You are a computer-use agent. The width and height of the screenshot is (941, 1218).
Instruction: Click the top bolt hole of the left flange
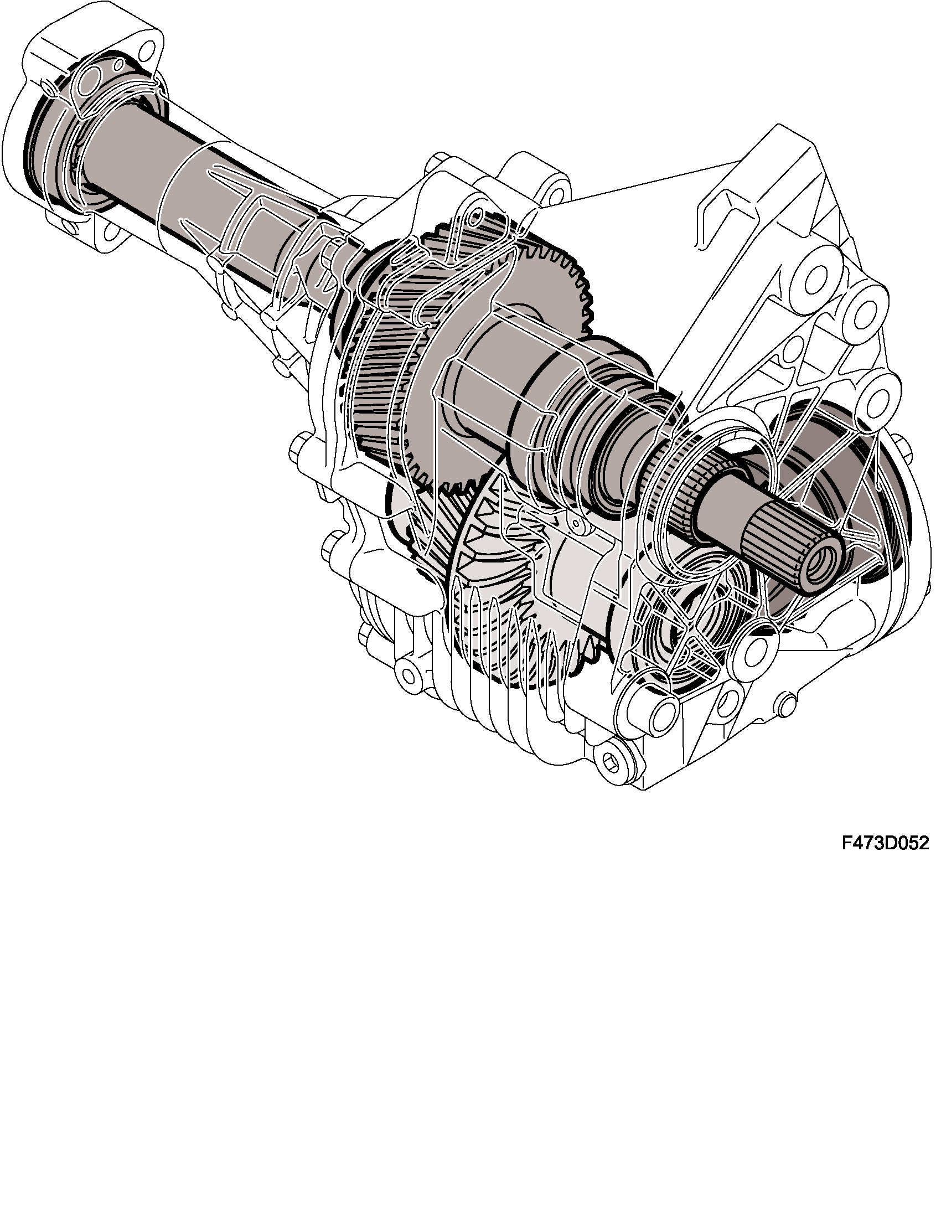click(148, 51)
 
